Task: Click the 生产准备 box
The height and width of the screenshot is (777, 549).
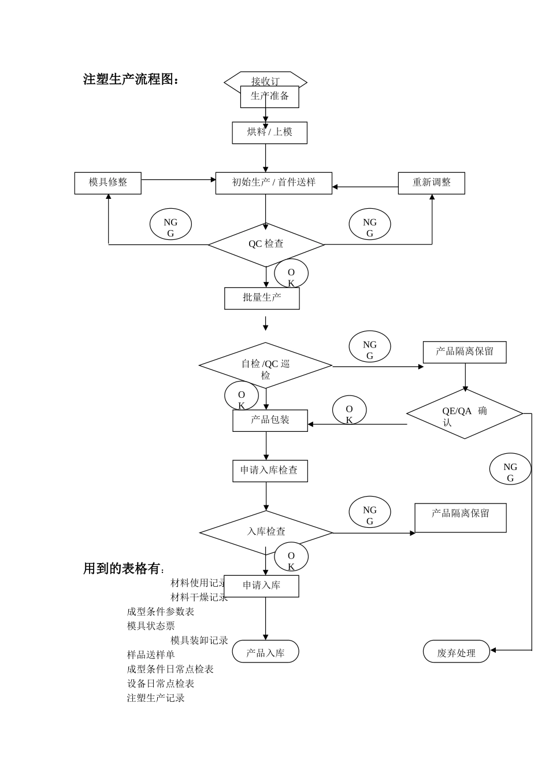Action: [269, 97]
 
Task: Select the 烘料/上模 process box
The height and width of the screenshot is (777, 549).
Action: [269, 132]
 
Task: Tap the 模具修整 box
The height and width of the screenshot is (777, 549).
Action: [107, 183]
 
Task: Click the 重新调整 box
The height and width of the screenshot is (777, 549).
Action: [431, 183]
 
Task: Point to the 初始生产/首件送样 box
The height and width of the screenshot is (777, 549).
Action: [273, 183]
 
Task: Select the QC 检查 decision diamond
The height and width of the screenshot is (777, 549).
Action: [266, 245]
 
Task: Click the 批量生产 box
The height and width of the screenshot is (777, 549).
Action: [262, 298]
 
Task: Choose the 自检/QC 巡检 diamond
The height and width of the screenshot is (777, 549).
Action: [265, 366]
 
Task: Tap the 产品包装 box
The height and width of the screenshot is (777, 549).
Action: [270, 420]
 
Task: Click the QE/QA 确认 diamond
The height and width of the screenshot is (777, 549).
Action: [464, 414]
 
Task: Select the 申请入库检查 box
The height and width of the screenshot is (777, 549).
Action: [270, 471]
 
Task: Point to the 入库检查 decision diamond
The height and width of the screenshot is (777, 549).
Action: [266, 532]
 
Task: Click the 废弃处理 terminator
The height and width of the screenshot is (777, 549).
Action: [456, 653]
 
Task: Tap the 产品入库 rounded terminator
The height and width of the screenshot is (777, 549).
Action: [265, 652]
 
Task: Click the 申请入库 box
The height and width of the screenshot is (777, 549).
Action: [261, 586]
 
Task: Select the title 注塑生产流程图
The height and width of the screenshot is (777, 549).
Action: [131, 80]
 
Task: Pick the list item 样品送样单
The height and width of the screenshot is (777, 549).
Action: [151, 655]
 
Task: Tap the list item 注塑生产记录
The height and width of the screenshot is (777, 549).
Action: [156, 698]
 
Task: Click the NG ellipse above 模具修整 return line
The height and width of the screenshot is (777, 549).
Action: [170, 225]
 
